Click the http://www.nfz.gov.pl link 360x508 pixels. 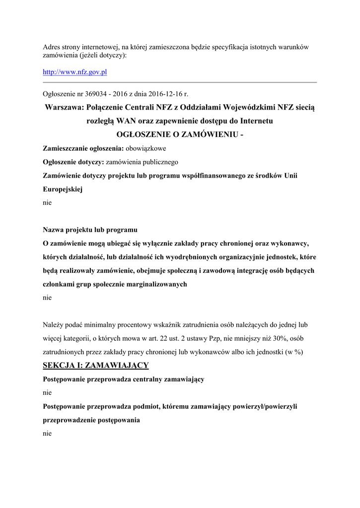[x=75, y=72]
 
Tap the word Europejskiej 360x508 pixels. [x=63, y=189]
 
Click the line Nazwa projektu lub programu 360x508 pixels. [x=90, y=230]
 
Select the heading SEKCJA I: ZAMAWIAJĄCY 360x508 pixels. [x=96, y=366]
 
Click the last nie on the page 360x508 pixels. [x=47, y=433]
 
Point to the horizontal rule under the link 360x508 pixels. [x=180, y=82]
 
